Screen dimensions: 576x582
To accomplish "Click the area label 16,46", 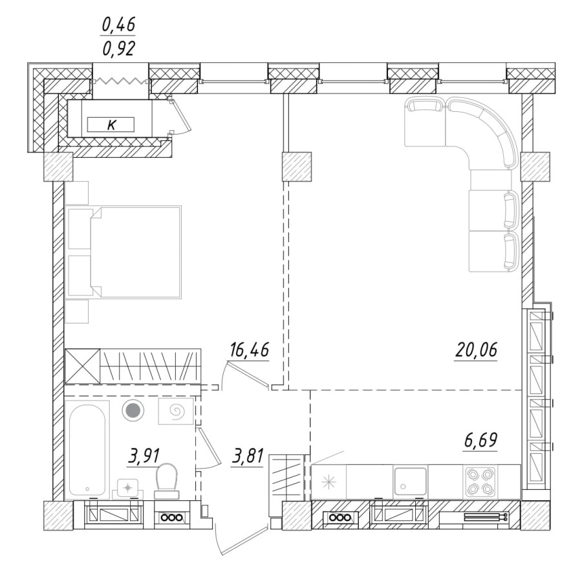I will [248, 351].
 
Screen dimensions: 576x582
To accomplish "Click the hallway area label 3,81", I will [247, 457].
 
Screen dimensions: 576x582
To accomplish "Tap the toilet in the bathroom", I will [168, 479].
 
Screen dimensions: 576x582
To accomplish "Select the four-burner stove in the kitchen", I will [480, 481].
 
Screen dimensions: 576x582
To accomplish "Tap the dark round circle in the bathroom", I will [133, 410].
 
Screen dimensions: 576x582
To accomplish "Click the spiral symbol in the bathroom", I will [175, 411].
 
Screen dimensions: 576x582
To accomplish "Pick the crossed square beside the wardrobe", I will [82, 366].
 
